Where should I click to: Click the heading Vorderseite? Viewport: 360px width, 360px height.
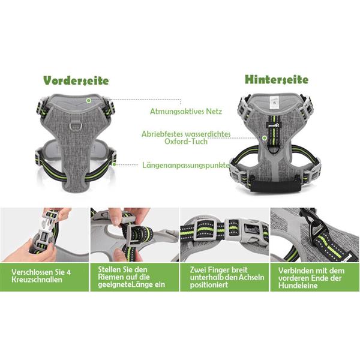(76, 80)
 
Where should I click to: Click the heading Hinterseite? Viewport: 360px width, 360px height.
(277, 79)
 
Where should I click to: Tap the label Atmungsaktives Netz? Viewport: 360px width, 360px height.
(186, 112)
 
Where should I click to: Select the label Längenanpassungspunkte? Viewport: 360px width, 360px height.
(186, 166)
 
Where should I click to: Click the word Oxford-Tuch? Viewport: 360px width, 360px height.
(186, 142)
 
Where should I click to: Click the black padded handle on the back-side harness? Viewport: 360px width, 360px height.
(275, 187)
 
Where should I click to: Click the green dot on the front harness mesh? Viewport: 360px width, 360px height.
(89, 101)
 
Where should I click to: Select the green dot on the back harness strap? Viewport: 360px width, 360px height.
(265, 138)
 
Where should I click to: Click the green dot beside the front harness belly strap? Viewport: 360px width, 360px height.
(114, 164)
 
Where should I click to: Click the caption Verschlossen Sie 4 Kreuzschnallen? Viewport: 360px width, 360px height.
(41, 276)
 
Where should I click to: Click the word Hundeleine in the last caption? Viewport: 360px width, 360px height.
(298, 286)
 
